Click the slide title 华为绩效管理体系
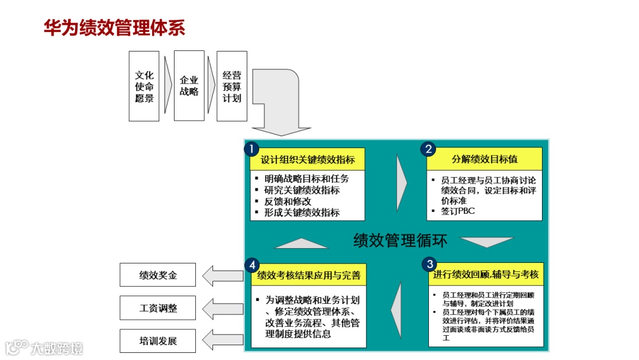[114, 28]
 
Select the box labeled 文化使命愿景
[144, 86]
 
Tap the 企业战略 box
[189, 86]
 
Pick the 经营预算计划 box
[231, 86]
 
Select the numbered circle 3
[430, 263]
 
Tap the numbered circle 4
[252, 264]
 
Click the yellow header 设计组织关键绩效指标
[308, 160]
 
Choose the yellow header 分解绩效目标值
[485, 159]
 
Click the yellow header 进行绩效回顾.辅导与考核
[485, 275]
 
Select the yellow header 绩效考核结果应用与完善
[308, 275]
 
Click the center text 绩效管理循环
[400, 240]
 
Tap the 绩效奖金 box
[157, 275]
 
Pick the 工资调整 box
[157, 308]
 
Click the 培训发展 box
[157, 341]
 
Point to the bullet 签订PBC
[458, 211]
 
